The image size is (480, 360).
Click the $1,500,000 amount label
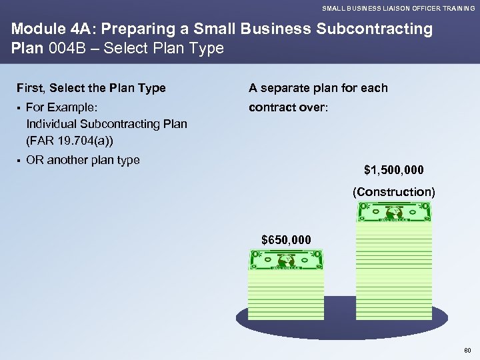[393, 169]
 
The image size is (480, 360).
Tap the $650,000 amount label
[285, 239]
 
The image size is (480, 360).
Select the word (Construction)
[393, 192]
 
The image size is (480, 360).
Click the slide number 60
[467, 349]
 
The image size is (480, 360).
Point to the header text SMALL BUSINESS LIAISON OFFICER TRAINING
[399, 8]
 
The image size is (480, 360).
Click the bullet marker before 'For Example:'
[19, 107]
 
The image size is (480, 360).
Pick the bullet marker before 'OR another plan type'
[19, 160]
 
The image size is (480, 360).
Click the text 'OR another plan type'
[83, 160]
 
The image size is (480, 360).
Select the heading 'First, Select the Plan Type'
[91, 88]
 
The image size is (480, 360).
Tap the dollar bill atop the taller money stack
[394, 212]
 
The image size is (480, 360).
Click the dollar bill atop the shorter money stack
[286, 260]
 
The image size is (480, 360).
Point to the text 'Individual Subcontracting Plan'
[106, 124]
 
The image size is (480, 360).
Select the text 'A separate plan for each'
[318, 88]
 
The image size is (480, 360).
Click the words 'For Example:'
[61, 107]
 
